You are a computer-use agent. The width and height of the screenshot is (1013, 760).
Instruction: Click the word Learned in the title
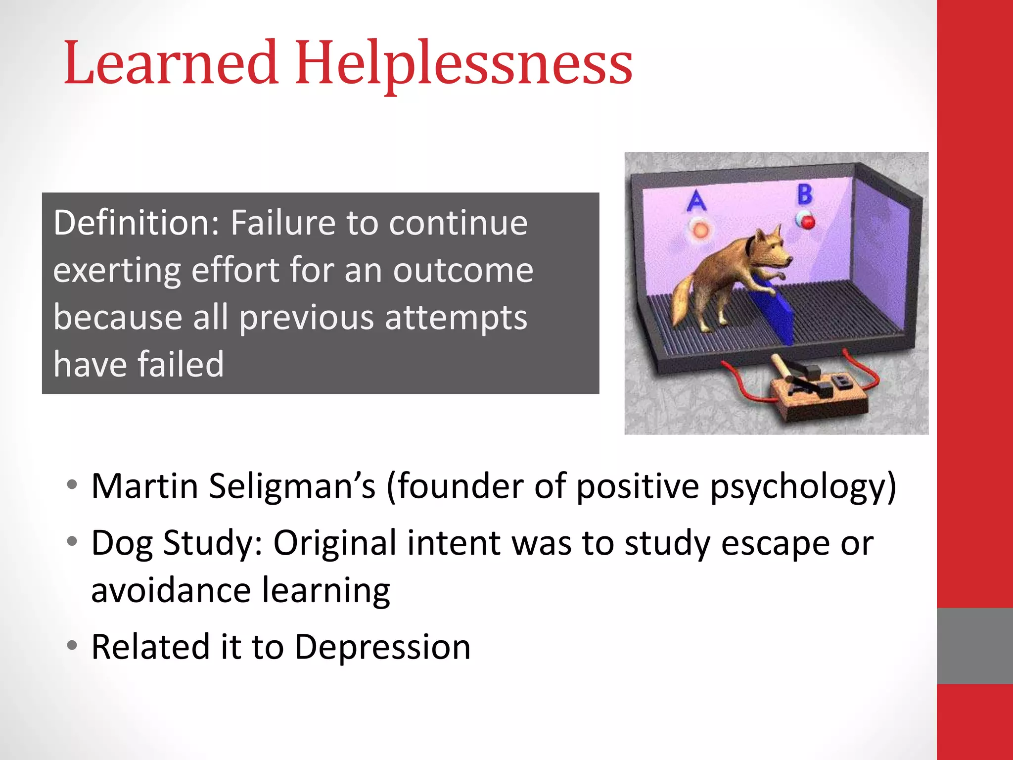171,63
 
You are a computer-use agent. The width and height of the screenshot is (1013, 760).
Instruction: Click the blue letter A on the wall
696,200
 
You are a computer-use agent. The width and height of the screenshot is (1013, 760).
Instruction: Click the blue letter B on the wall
805,194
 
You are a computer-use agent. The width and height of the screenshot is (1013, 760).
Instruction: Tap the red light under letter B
807,221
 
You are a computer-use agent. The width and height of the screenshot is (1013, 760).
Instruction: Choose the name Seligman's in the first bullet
292,486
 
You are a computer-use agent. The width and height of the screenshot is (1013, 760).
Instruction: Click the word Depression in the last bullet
382,647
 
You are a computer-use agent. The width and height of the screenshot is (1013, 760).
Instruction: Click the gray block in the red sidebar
974,646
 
